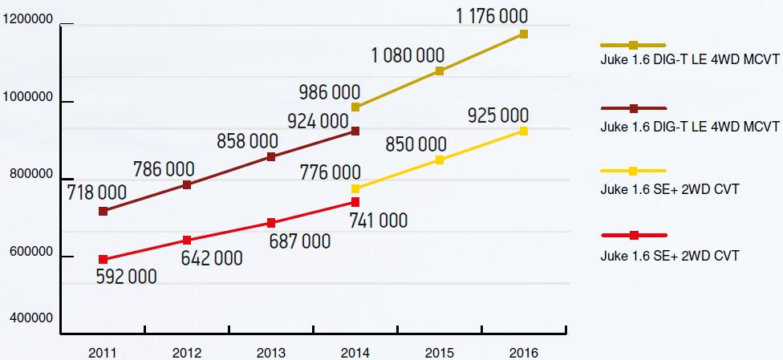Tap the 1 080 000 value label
[408, 55]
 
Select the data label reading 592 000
[126, 277]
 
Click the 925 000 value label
[497, 116]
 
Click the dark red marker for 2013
[271, 157]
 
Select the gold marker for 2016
[523, 34]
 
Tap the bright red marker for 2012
[187, 241]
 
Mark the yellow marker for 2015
[440, 160]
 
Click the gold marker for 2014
[355, 107]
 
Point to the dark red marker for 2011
[103, 211]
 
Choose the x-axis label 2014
[355, 352]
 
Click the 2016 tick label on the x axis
[523, 352]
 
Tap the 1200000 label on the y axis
[28, 22]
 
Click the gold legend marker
[634, 45]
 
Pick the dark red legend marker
[634, 108]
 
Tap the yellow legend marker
[634, 171]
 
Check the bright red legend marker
[634, 235]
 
